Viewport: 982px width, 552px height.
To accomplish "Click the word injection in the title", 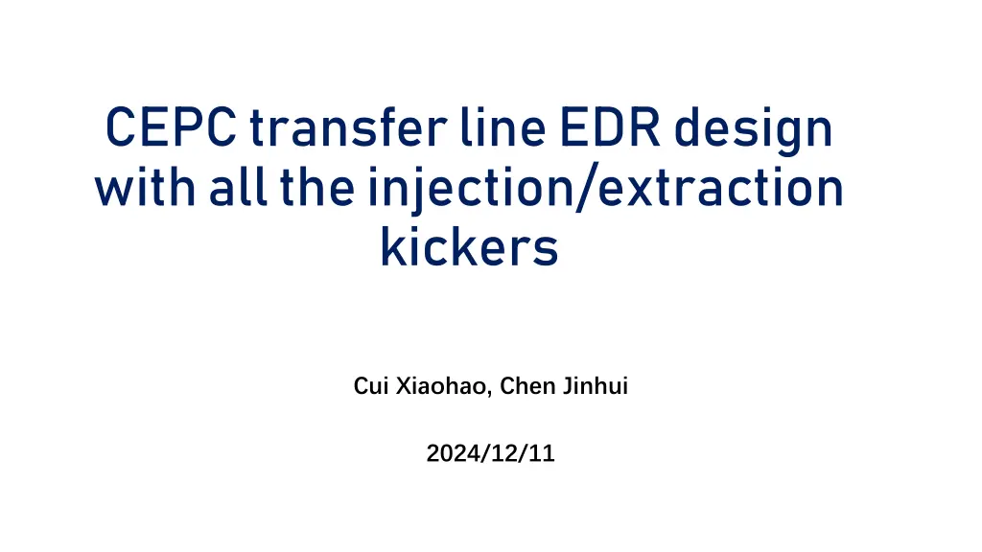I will (471, 191).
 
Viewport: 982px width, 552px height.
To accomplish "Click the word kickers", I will (469, 246).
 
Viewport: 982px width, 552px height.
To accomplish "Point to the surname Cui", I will (369, 387).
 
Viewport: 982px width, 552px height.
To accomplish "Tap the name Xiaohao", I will (440, 387).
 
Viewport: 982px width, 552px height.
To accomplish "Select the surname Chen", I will (526, 387).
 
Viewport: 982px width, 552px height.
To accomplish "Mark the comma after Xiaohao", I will (494, 394).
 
